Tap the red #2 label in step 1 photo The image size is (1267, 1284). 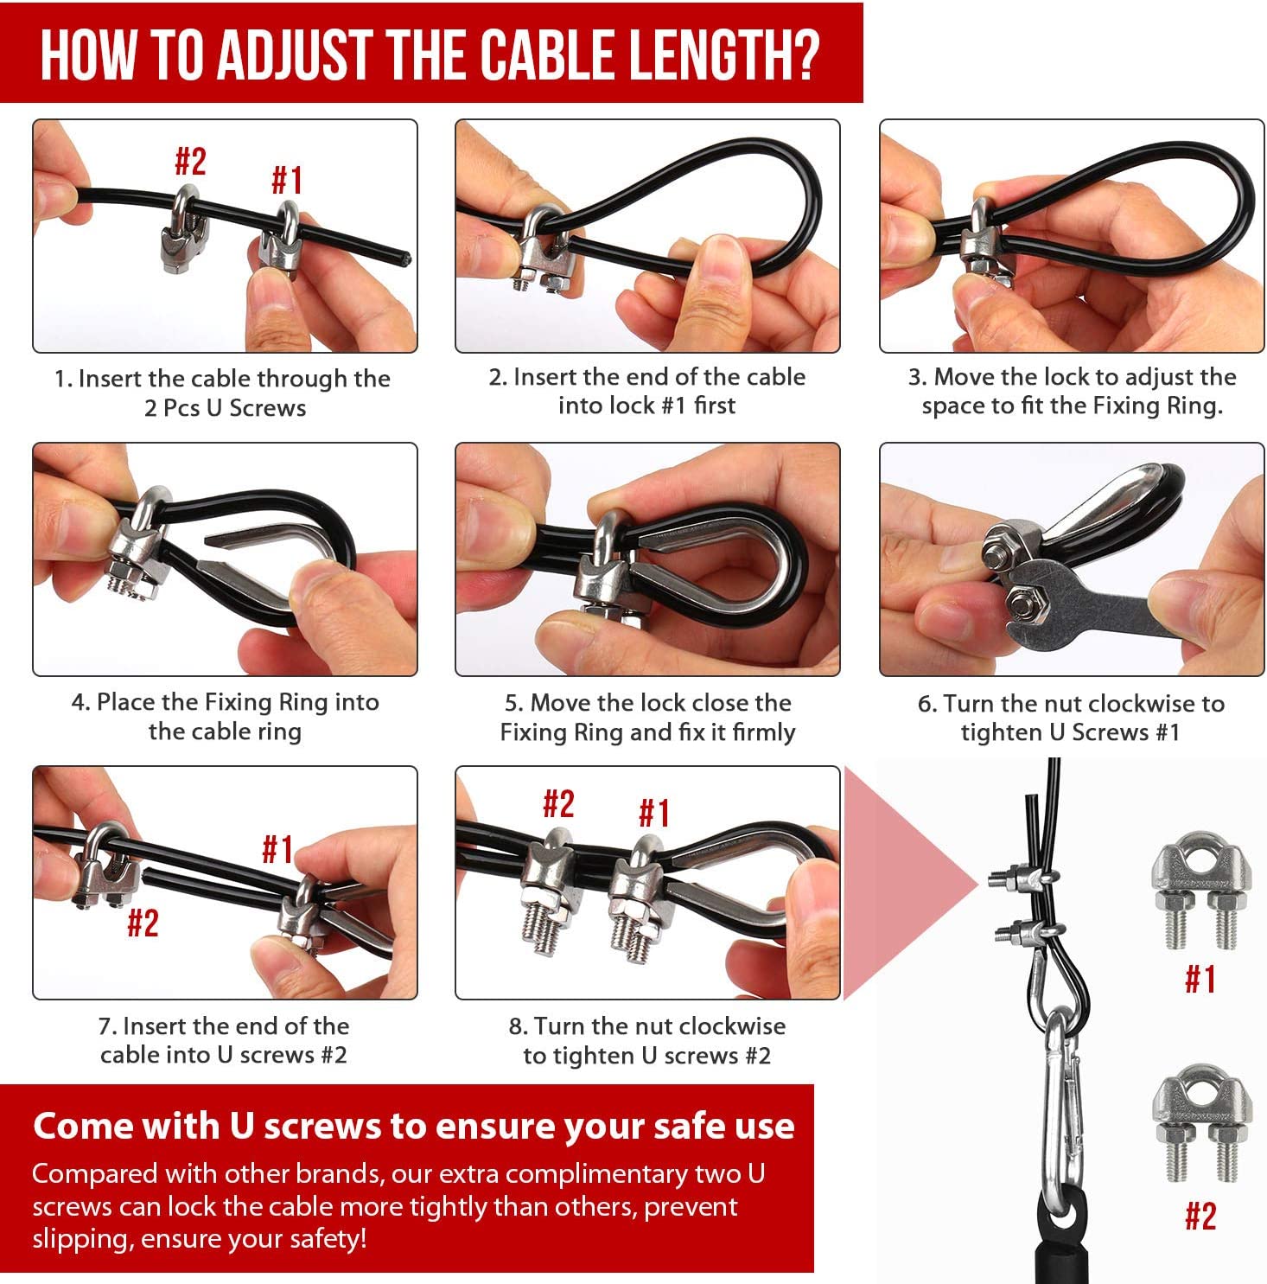[190, 161]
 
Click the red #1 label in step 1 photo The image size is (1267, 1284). [287, 181]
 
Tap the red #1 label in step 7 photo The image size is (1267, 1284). [277, 849]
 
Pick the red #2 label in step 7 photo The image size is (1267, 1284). [143, 923]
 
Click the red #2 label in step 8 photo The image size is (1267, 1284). [558, 804]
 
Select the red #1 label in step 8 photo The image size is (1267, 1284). [653, 813]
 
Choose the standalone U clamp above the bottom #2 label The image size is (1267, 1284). [1201, 1127]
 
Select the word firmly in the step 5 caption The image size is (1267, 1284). [763, 733]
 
